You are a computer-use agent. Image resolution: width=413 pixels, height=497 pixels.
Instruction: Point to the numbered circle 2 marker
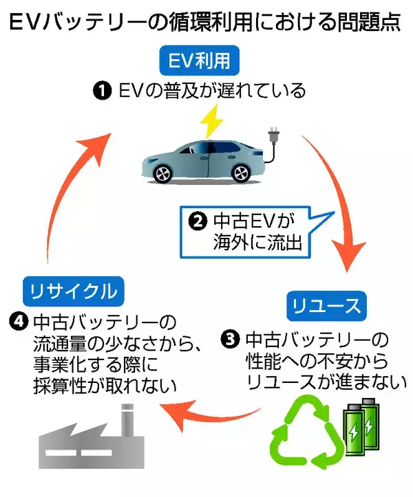(198, 221)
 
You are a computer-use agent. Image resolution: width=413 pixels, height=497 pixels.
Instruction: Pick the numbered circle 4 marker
(19, 321)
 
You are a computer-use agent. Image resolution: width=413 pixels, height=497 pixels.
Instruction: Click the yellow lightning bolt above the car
(211, 124)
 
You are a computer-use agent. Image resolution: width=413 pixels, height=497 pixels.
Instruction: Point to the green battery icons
(361, 425)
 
